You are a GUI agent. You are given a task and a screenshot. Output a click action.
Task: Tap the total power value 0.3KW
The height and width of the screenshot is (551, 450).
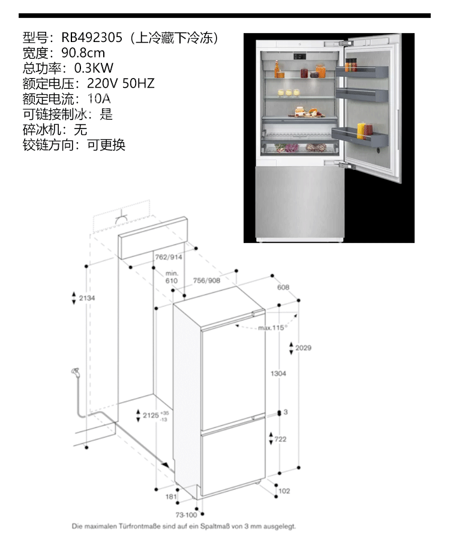pos(94,68)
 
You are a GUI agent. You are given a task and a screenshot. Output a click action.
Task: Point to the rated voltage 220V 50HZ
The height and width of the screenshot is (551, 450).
pos(121,83)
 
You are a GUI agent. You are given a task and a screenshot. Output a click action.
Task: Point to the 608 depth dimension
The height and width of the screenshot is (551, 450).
pos(283,288)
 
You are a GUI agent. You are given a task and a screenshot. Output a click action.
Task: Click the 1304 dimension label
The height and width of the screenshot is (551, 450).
pos(278,373)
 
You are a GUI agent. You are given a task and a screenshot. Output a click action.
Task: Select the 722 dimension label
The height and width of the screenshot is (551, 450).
pos(280,439)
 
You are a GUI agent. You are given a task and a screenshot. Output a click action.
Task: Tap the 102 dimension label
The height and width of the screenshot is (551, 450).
pos(284,490)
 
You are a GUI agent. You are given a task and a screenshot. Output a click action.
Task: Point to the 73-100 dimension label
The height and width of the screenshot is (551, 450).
pos(187,515)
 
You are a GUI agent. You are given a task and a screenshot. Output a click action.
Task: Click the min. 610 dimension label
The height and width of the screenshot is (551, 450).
pos(172,277)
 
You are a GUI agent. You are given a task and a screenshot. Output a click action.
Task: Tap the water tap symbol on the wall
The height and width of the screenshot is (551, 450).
pos(76,373)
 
